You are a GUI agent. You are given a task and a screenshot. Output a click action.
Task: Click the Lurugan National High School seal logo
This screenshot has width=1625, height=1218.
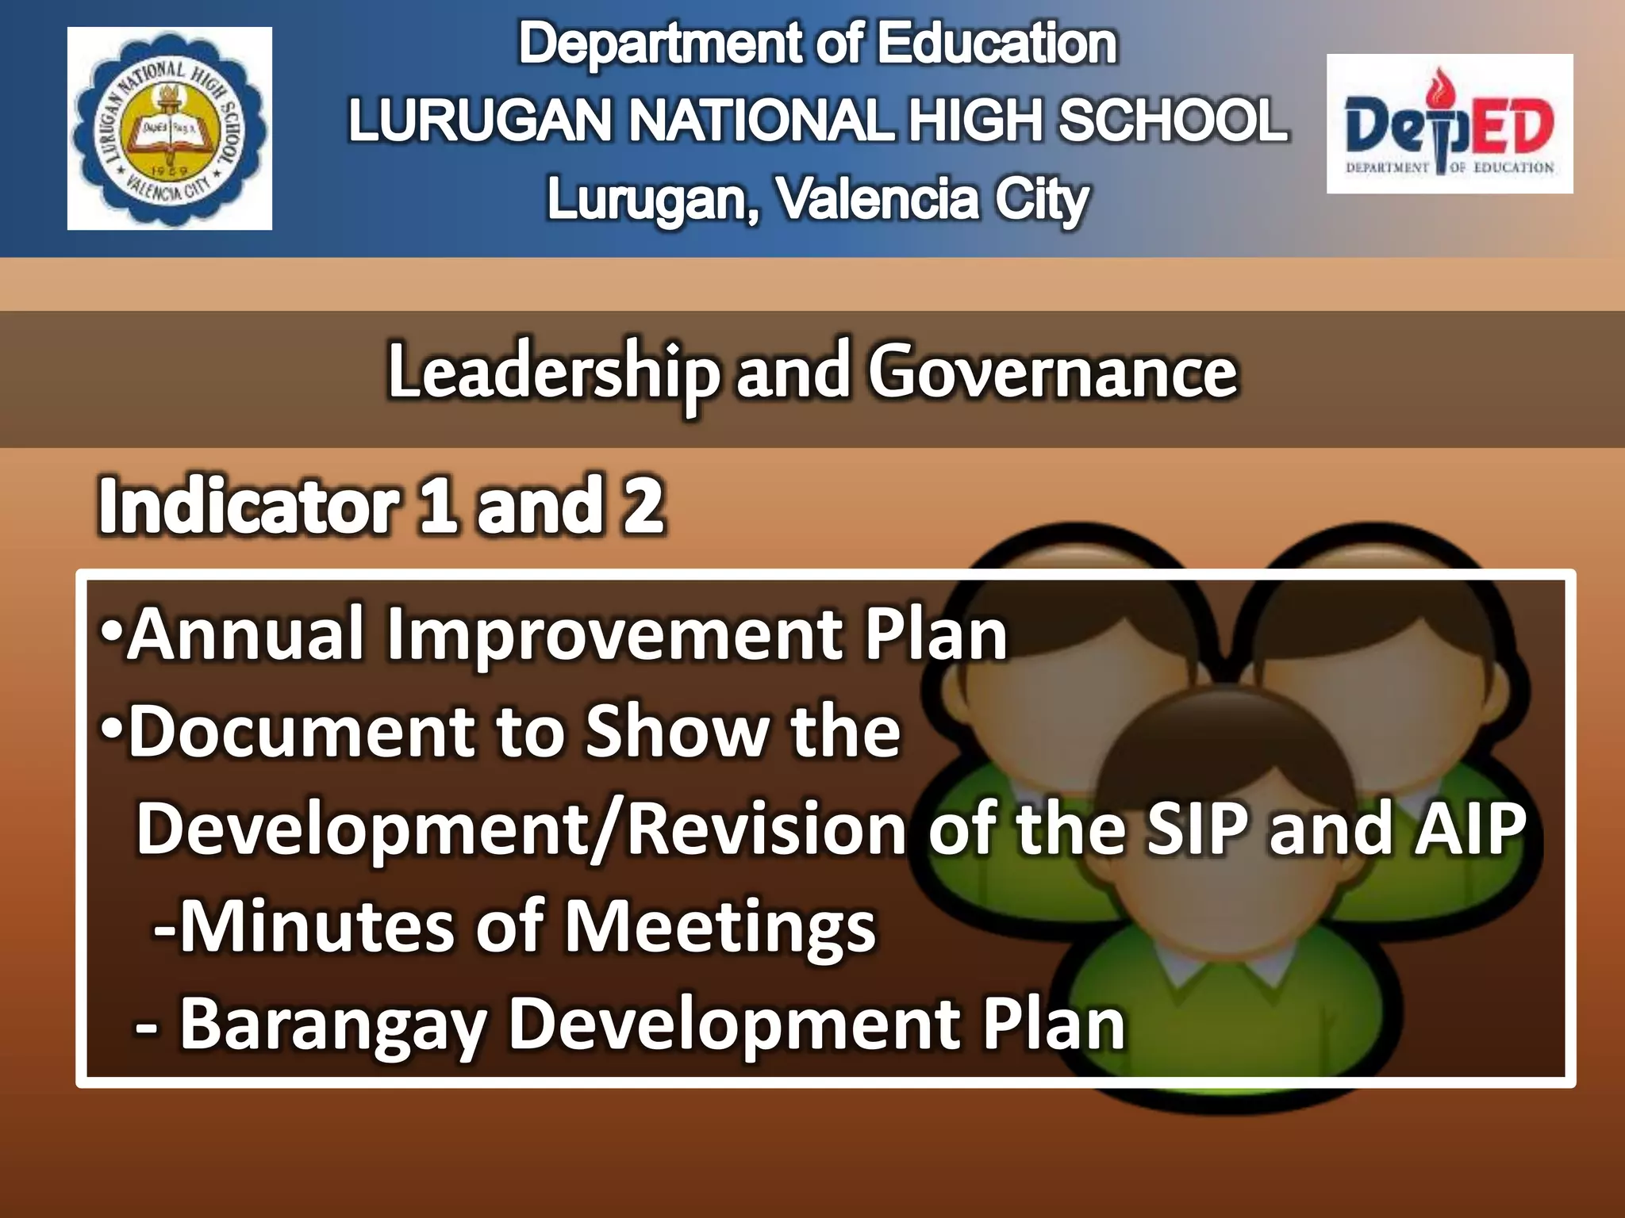[x=169, y=128]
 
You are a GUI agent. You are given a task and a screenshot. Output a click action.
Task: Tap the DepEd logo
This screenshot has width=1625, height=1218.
[x=1449, y=124]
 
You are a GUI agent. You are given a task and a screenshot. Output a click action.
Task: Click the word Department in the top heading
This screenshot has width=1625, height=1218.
[x=659, y=44]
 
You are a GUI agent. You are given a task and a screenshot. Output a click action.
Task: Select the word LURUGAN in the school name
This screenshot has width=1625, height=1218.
[x=481, y=121]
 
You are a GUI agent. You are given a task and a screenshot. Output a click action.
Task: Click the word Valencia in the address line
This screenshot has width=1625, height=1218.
[x=876, y=199]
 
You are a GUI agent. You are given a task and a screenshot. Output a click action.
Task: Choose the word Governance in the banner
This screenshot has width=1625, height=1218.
[x=1052, y=373]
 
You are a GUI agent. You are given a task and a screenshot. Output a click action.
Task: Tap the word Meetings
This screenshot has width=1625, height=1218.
[x=718, y=928]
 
